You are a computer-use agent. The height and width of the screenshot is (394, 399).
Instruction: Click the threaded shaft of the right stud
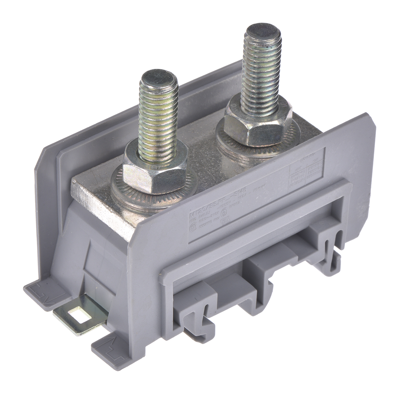coord(261,77)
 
